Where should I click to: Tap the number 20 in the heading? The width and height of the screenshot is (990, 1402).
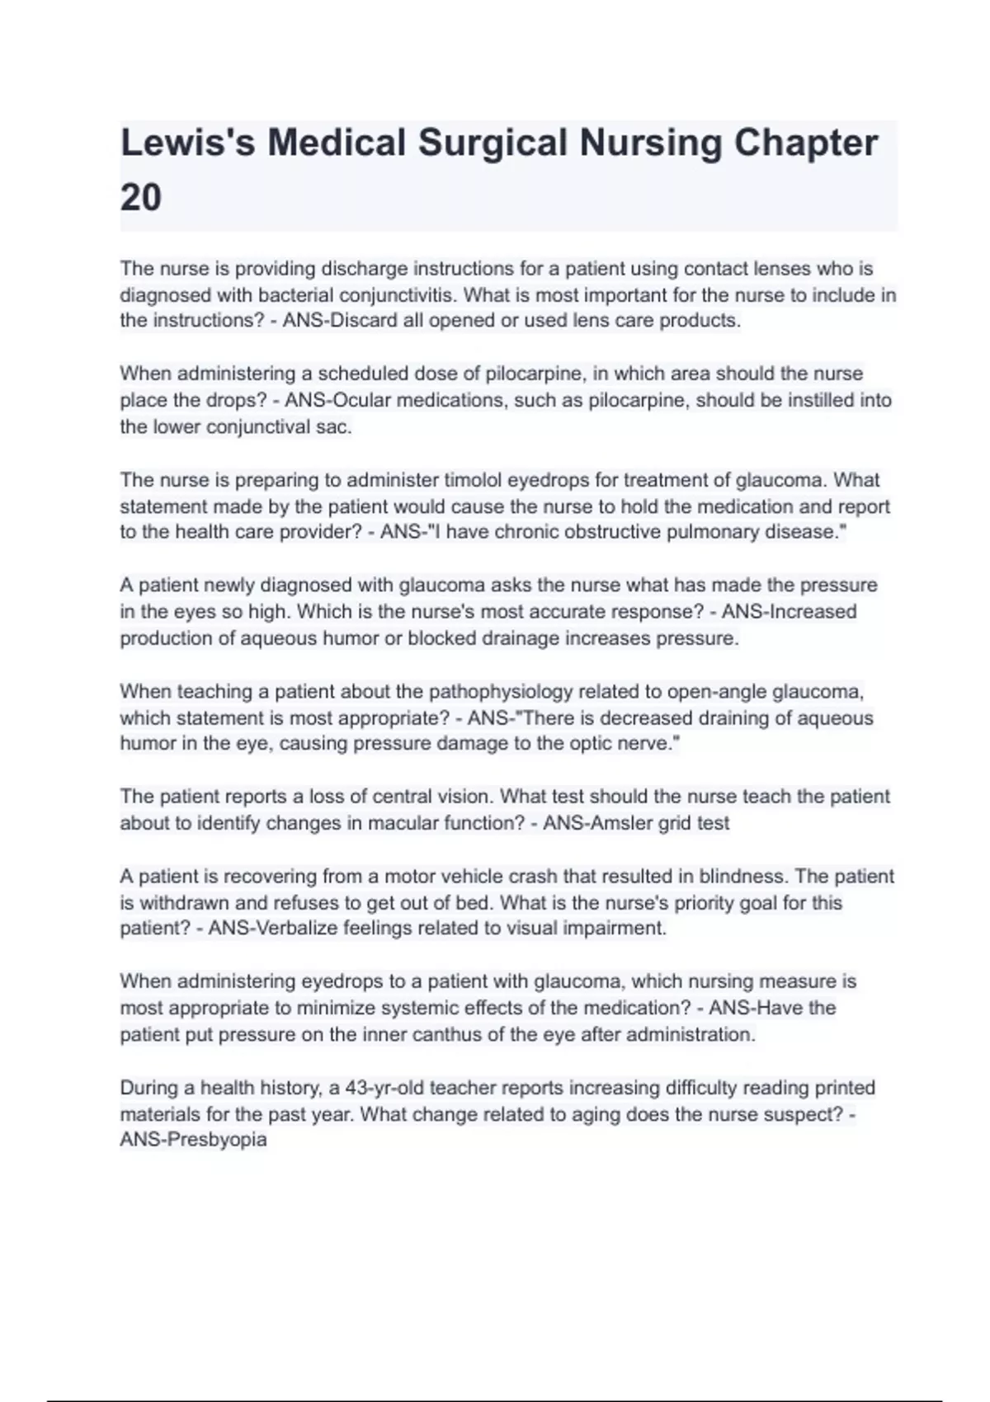141,198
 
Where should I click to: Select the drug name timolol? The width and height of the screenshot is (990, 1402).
473,480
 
